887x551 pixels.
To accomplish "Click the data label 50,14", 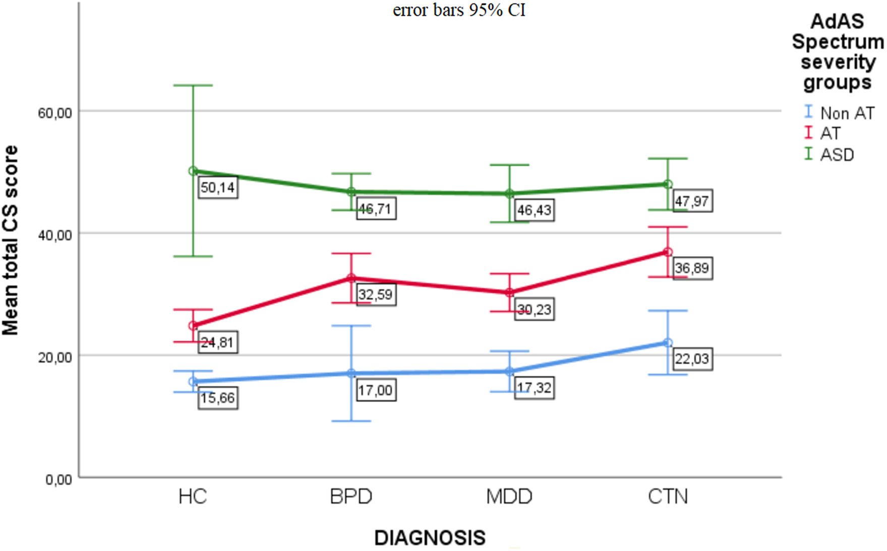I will (217, 188).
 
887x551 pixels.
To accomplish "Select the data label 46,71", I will (376, 209).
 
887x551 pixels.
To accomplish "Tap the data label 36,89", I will (692, 268).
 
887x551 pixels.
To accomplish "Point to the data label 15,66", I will (217, 398).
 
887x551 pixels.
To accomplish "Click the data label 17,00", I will (376, 390).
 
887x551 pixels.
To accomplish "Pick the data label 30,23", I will (534, 309).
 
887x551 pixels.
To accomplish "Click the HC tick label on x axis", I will (193, 497).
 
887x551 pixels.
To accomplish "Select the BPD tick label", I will (351, 497).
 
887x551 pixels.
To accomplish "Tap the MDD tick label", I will (509, 497).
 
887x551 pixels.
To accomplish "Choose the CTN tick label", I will (668, 497).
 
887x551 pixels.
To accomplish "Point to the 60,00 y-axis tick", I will (55, 113).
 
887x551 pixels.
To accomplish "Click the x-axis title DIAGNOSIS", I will (430, 538).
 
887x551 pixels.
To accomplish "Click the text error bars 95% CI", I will (459, 10).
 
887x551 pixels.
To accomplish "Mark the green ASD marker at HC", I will (193, 171).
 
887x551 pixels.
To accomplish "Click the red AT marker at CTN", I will (668, 252).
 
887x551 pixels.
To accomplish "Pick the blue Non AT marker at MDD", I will (509, 371).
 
